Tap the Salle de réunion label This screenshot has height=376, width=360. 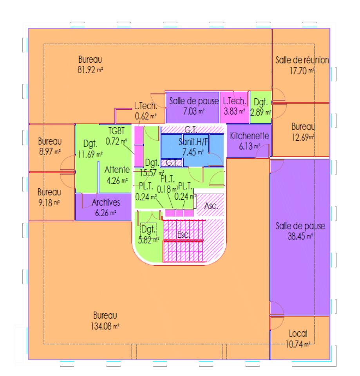302,60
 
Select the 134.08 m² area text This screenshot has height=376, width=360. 105,325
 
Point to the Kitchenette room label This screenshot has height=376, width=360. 250,136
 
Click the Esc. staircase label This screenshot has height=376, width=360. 183,235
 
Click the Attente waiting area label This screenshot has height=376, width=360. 117,170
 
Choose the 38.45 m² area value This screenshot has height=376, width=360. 299,237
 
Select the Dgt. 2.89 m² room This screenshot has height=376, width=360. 261,107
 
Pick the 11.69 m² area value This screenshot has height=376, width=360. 90,154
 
